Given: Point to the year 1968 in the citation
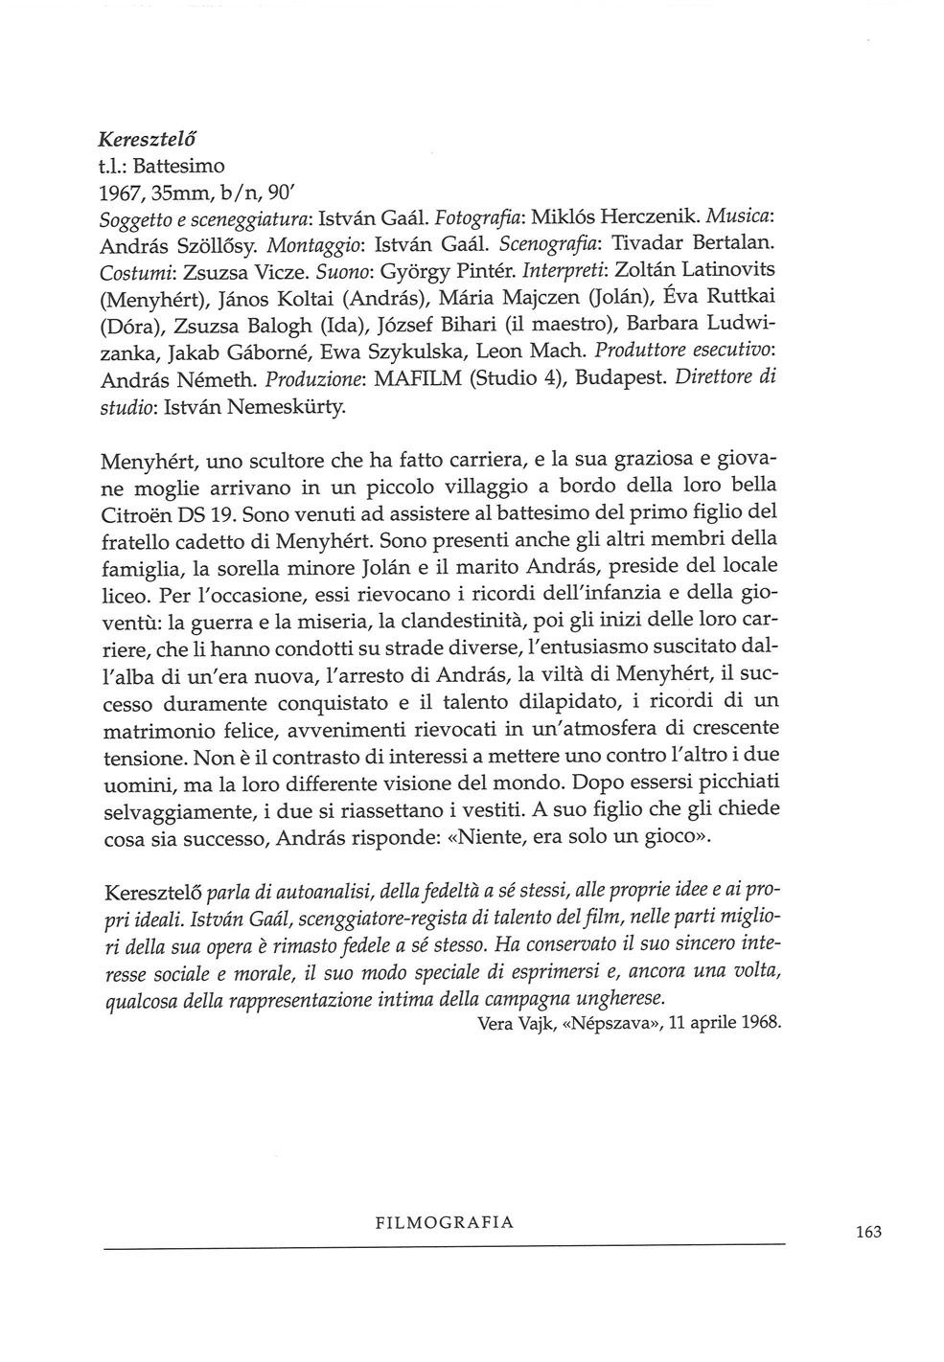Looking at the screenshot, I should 763,1022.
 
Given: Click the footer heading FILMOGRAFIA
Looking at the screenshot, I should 446,1222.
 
